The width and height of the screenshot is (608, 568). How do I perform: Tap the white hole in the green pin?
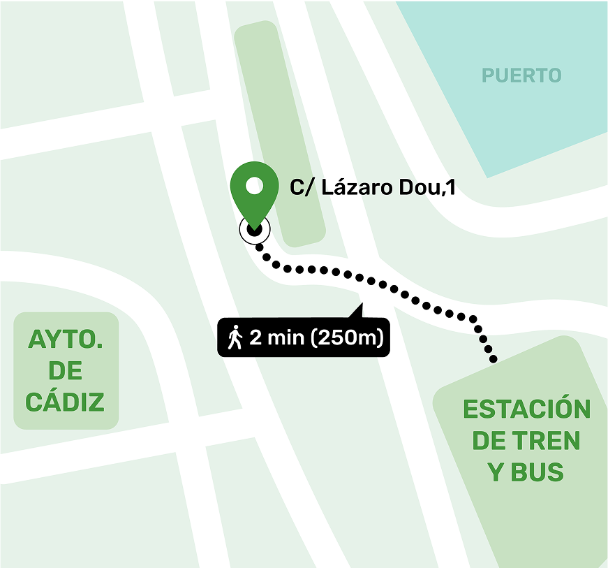point(255,185)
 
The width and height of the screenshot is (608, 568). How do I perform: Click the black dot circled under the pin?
point(254,228)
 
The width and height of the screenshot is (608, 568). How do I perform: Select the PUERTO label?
point(521,75)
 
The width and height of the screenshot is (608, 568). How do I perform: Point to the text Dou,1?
point(429,187)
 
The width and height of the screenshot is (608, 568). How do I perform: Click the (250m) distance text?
point(346,338)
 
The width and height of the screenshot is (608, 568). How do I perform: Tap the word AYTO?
point(66,340)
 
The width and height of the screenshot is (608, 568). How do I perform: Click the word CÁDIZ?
point(65,402)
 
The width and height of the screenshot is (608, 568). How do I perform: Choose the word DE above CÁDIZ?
point(66,371)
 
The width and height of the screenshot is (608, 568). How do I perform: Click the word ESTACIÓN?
point(526,409)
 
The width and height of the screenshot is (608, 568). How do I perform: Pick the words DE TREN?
point(526,441)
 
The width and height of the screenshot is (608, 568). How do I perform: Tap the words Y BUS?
point(526,472)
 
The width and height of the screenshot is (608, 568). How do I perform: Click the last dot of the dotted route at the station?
point(494,360)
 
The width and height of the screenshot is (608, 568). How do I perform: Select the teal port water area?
point(531,119)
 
